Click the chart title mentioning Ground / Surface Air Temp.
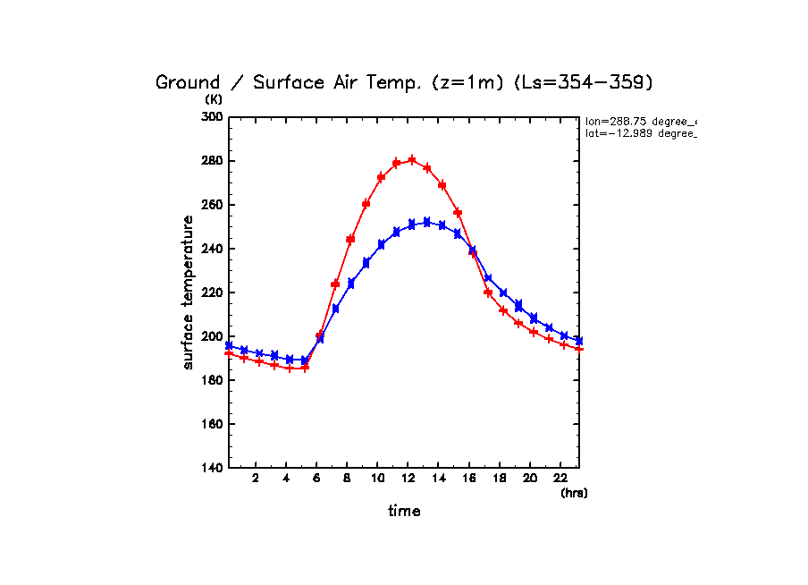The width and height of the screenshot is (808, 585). click(404, 82)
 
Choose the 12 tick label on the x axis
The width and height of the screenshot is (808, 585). click(408, 478)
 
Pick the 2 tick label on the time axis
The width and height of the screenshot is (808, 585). click(256, 478)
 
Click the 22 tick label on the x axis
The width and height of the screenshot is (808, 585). click(560, 478)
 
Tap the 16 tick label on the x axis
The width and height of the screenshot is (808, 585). click(468, 478)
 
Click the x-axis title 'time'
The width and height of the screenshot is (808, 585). click(404, 512)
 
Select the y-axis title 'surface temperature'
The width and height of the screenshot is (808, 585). click(189, 292)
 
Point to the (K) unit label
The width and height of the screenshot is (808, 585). click(214, 99)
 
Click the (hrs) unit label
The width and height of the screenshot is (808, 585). click(574, 493)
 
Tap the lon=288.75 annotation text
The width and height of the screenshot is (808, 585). click(640, 121)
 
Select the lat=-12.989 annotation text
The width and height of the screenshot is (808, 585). click(640, 133)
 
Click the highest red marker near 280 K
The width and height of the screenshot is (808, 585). click(412, 160)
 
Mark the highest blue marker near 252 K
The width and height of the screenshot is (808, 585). click(426, 222)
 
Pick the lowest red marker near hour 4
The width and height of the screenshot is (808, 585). click(290, 368)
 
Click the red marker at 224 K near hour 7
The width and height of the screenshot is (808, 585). click(335, 284)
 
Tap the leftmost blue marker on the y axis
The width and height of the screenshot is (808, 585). click(229, 345)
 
